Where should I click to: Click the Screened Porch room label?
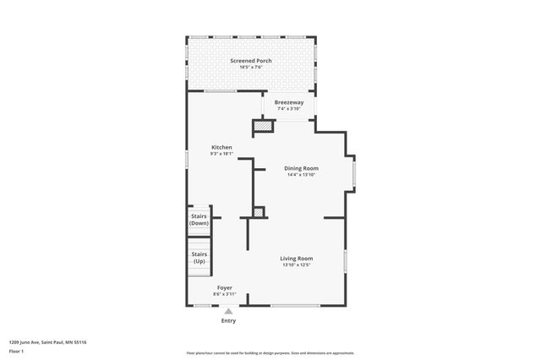point(251,61)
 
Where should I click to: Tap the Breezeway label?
point(288,102)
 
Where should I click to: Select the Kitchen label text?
point(221,147)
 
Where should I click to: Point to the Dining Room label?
point(301,168)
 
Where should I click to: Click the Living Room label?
point(297,258)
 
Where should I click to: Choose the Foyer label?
point(224,287)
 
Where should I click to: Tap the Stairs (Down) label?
point(199,219)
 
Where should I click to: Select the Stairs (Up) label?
point(199,257)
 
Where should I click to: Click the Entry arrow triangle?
point(228,311)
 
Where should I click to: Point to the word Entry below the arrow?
point(228,321)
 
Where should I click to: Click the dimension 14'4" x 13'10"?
point(301,175)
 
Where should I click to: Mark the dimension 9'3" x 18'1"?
point(221,154)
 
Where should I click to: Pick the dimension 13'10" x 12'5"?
point(297,265)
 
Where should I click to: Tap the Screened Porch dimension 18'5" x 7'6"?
point(251,68)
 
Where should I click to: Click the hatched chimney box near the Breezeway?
point(264,126)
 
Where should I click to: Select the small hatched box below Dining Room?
point(259,212)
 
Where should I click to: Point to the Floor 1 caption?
point(16,350)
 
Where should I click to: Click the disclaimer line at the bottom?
point(270,353)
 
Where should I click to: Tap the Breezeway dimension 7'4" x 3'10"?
point(288,109)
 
